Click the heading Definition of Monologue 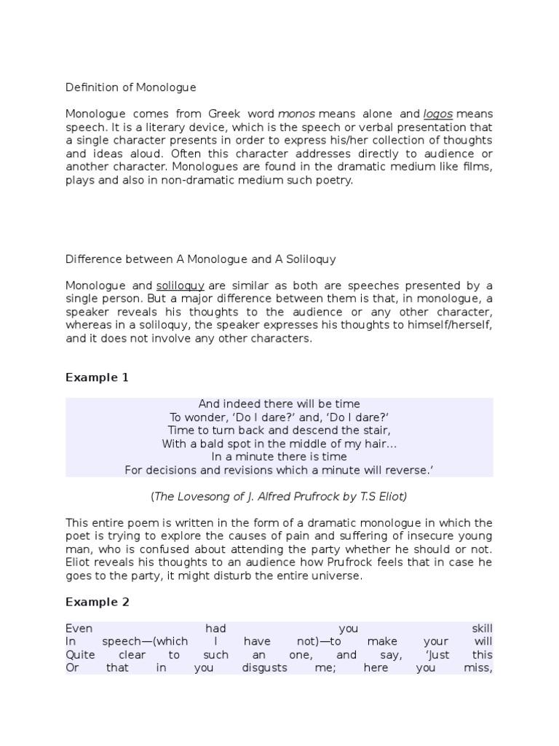131,87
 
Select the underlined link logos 438,114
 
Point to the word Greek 209,114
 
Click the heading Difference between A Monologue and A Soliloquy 201,259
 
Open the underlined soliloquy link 180,285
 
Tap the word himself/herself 451,325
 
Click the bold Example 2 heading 92,602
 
